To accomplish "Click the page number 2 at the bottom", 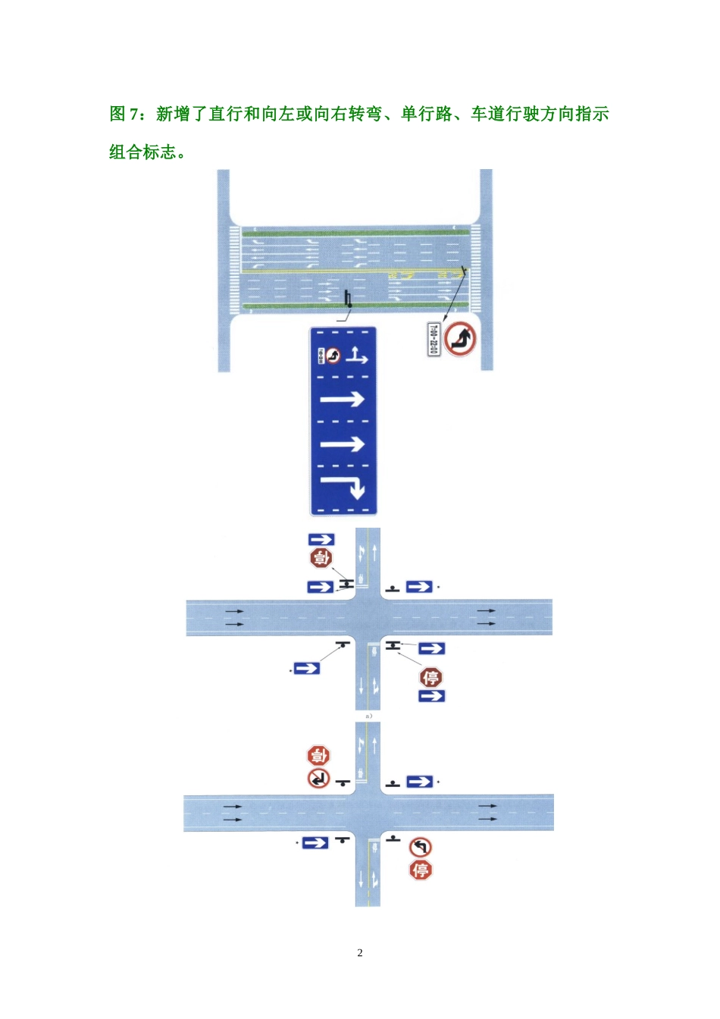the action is (360, 953).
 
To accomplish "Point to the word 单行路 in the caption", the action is (427, 114).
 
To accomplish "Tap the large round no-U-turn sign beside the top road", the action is (460, 339).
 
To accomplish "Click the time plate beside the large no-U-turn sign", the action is (434, 339).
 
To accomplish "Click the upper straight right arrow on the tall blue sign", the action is (343, 399).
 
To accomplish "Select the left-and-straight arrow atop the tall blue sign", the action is (357, 355).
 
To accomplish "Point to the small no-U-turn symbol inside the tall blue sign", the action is (334, 355).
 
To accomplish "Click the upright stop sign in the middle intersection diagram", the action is (431, 677).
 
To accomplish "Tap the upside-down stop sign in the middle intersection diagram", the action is (321, 558).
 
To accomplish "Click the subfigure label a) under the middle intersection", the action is (368, 716).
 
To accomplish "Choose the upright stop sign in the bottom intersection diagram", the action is (421, 870).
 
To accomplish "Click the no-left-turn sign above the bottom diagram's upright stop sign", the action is (421, 847).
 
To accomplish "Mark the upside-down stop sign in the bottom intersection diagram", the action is (318, 755).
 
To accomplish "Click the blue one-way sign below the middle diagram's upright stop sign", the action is (431, 696).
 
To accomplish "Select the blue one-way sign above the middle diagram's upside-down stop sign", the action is (321, 539).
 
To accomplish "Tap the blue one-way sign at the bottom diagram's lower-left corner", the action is (315, 842).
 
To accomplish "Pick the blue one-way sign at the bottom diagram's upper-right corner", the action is (420, 782).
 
